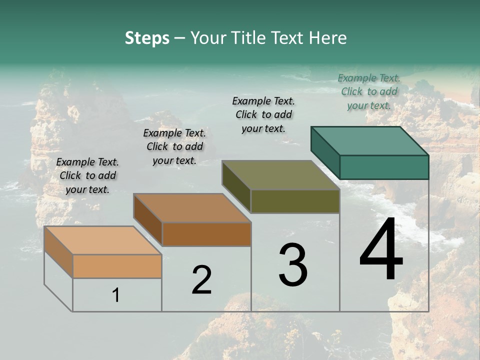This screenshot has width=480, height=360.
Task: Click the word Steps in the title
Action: (x=147, y=38)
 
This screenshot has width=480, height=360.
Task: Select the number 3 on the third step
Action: (x=293, y=265)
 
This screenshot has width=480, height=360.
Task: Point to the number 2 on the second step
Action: (x=201, y=280)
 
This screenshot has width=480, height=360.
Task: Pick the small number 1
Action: (x=116, y=295)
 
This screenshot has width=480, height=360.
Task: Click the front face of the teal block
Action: (x=384, y=167)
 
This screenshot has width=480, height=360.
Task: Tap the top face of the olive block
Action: (x=280, y=175)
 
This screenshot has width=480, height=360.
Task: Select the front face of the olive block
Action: (x=295, y=201)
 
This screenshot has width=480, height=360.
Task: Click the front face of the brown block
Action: (x=206, y=234)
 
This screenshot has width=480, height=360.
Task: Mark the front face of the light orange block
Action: (x=117, y=266)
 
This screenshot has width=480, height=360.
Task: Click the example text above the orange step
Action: (x=87, y=175)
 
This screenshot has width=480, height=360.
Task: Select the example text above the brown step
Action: (x=174, y=146)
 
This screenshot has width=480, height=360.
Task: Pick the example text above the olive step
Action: (x=263, y=114)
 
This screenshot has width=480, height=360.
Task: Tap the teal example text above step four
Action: (x=369, y=91)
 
